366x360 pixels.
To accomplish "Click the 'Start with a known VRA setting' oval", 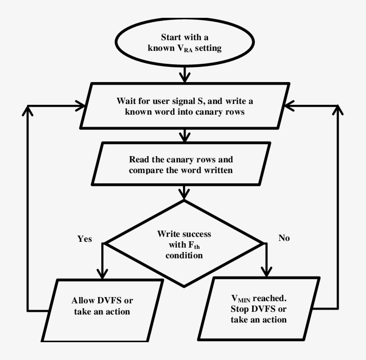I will [184, 43].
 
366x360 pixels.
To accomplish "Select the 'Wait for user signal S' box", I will [184, 106].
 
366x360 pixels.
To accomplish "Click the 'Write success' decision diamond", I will [184, 244].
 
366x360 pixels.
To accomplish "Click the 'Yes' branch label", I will [84, 239].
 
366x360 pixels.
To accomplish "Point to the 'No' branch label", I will [284, 238].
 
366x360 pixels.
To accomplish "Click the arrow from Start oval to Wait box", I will [184, 74].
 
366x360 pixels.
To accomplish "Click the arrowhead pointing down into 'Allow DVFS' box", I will [103, 273].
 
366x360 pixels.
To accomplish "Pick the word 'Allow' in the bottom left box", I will [83, 300].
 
